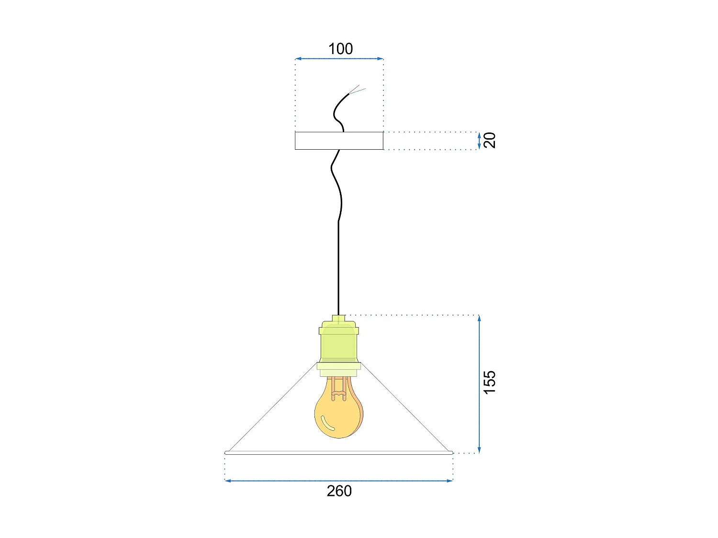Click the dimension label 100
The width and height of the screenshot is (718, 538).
pyautogui.click(x=340, y=49)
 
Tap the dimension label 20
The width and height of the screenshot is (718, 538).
pyautogui.click(x=490, y=140)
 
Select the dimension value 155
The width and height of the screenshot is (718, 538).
pyautogui.click(x=490, y=382)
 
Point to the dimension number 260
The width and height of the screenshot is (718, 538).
pyautogui.click(x=339, y=491)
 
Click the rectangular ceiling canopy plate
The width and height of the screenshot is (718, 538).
pyautogui.click(x=339, y=141)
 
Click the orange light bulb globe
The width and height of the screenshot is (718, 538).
pyautogui.click(x=338, y=414)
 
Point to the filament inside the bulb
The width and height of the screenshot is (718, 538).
pyautogui.click(x=338, y=388)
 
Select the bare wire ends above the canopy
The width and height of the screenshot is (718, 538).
pyautogui.click(x=358, y=89)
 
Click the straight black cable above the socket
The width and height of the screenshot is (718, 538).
pyautogui.click(x=338, y=268)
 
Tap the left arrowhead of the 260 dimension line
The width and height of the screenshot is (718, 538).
pyautogui.click(x=227, y=481)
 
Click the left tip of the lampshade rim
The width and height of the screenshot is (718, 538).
pyautogui.click(x=226, y=452)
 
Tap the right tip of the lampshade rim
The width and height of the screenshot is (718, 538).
pyautogui.click(x=451, y=452)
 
